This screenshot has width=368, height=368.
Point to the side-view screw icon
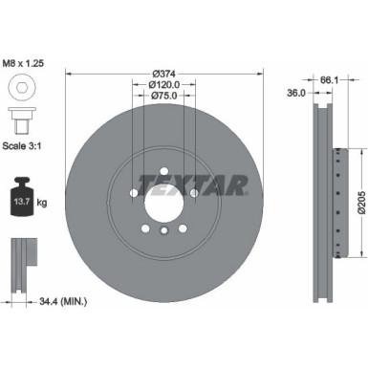point(20,121)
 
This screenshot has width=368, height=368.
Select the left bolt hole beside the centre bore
point(133,194)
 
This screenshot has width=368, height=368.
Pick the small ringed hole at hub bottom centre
point(163,231)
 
